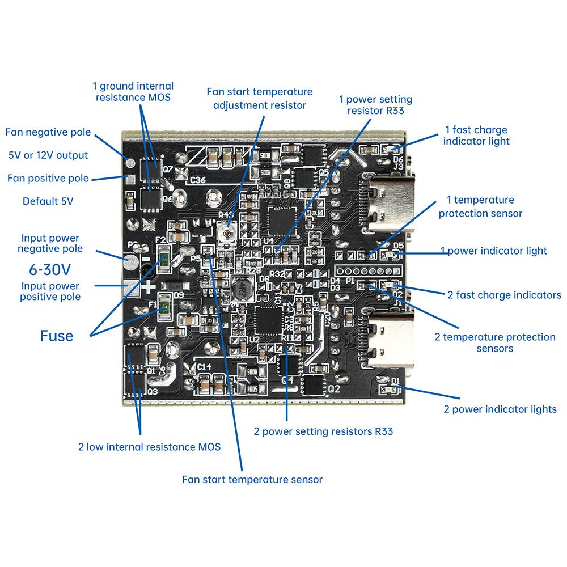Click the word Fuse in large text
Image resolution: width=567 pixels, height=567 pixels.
point(57,336)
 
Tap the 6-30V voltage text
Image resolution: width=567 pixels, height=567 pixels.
point(50,268)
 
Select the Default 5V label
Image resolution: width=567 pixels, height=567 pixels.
point(48,201)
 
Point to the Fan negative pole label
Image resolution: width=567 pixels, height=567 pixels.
point(48,132)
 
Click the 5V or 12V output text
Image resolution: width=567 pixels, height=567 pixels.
point(48,155)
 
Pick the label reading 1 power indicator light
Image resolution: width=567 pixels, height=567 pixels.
point(494,251)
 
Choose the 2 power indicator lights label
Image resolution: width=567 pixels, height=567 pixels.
point(500,409)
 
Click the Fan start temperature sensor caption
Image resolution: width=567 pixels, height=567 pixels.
point(252,479)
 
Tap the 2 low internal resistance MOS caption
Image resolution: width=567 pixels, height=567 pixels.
point(149,446)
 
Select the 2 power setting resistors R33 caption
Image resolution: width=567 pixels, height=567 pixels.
point(323,431)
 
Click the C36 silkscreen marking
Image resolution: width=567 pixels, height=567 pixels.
point(198,180)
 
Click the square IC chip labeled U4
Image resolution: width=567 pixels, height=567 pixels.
point(280,218)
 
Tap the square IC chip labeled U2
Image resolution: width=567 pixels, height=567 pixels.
point(266,320)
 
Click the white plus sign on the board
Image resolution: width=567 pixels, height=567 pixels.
point(149,287)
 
